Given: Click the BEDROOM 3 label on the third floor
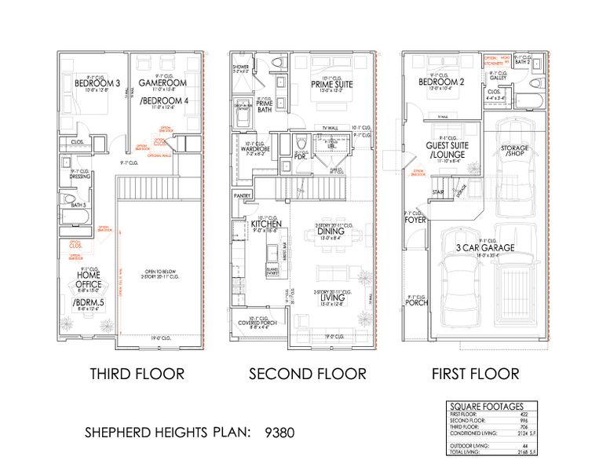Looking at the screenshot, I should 91,82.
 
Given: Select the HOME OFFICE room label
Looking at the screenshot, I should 87,274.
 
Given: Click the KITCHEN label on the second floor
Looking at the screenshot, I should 266,224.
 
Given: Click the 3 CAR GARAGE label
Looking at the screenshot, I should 487,247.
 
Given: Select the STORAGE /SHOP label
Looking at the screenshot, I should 514,151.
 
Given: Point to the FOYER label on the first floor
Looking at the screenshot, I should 415,221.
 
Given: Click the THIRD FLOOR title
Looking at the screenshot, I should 137,374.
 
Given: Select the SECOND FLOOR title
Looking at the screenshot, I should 308,374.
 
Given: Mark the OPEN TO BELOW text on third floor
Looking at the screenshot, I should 158,272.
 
